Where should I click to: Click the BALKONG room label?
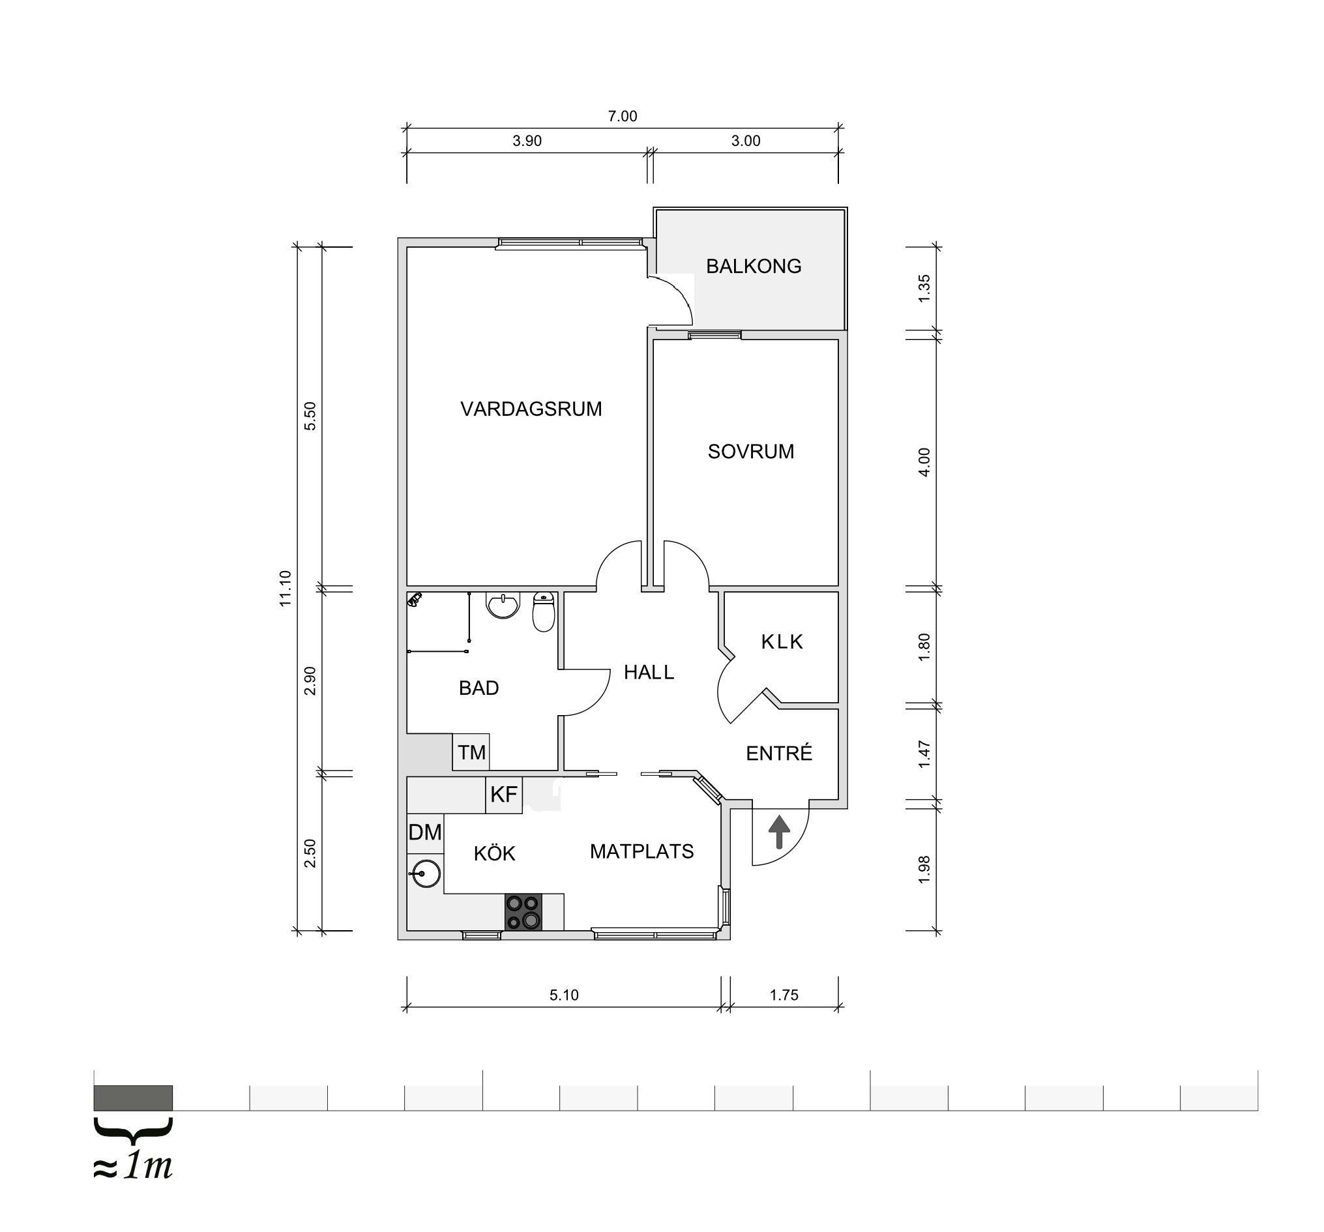753,267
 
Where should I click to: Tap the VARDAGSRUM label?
531,409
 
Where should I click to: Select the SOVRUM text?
750,452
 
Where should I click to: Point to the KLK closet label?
782,642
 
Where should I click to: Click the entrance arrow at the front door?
779,832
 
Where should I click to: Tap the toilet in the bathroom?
544,612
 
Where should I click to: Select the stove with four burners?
523,912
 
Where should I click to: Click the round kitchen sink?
425,873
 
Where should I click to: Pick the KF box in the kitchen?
503,795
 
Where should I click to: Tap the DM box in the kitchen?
425,832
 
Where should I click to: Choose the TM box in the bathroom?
471,752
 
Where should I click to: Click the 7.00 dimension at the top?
622,117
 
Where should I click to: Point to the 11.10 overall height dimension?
286,588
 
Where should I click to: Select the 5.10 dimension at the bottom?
564,995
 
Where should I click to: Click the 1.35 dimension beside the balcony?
924,288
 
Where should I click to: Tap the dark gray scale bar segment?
133,1098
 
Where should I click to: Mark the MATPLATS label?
641,851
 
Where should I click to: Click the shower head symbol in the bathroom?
415,600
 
